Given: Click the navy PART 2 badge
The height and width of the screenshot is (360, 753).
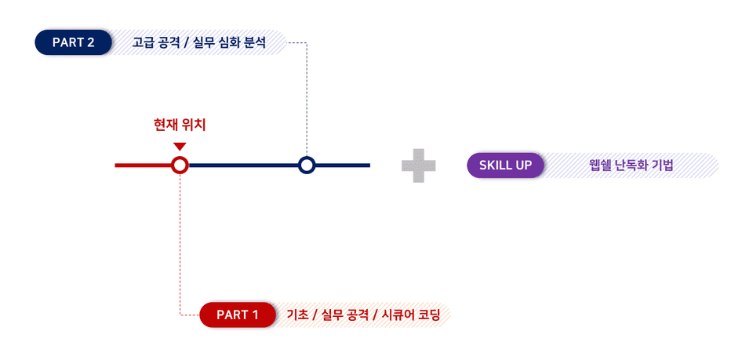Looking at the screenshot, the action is (73, 42).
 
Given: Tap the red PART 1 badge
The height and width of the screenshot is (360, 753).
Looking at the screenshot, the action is (237, 315).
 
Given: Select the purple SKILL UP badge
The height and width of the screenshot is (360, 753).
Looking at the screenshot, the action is (505, 165).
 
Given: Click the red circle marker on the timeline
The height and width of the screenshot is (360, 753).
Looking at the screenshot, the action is (180, 165).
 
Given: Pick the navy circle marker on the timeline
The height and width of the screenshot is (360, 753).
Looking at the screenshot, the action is (307, 165).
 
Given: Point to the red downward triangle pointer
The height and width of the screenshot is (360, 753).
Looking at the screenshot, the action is (180, 147).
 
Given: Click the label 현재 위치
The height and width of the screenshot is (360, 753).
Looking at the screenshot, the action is (179, 125).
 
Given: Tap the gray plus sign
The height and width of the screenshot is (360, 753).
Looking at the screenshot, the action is (419, 165).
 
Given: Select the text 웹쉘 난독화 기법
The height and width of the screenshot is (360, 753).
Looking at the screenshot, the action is (631, 165).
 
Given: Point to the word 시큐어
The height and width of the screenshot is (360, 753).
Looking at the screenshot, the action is (399, 315).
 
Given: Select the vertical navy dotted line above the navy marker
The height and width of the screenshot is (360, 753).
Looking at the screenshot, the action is (307, 100).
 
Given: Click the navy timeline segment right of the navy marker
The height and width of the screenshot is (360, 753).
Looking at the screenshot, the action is (343, 165).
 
